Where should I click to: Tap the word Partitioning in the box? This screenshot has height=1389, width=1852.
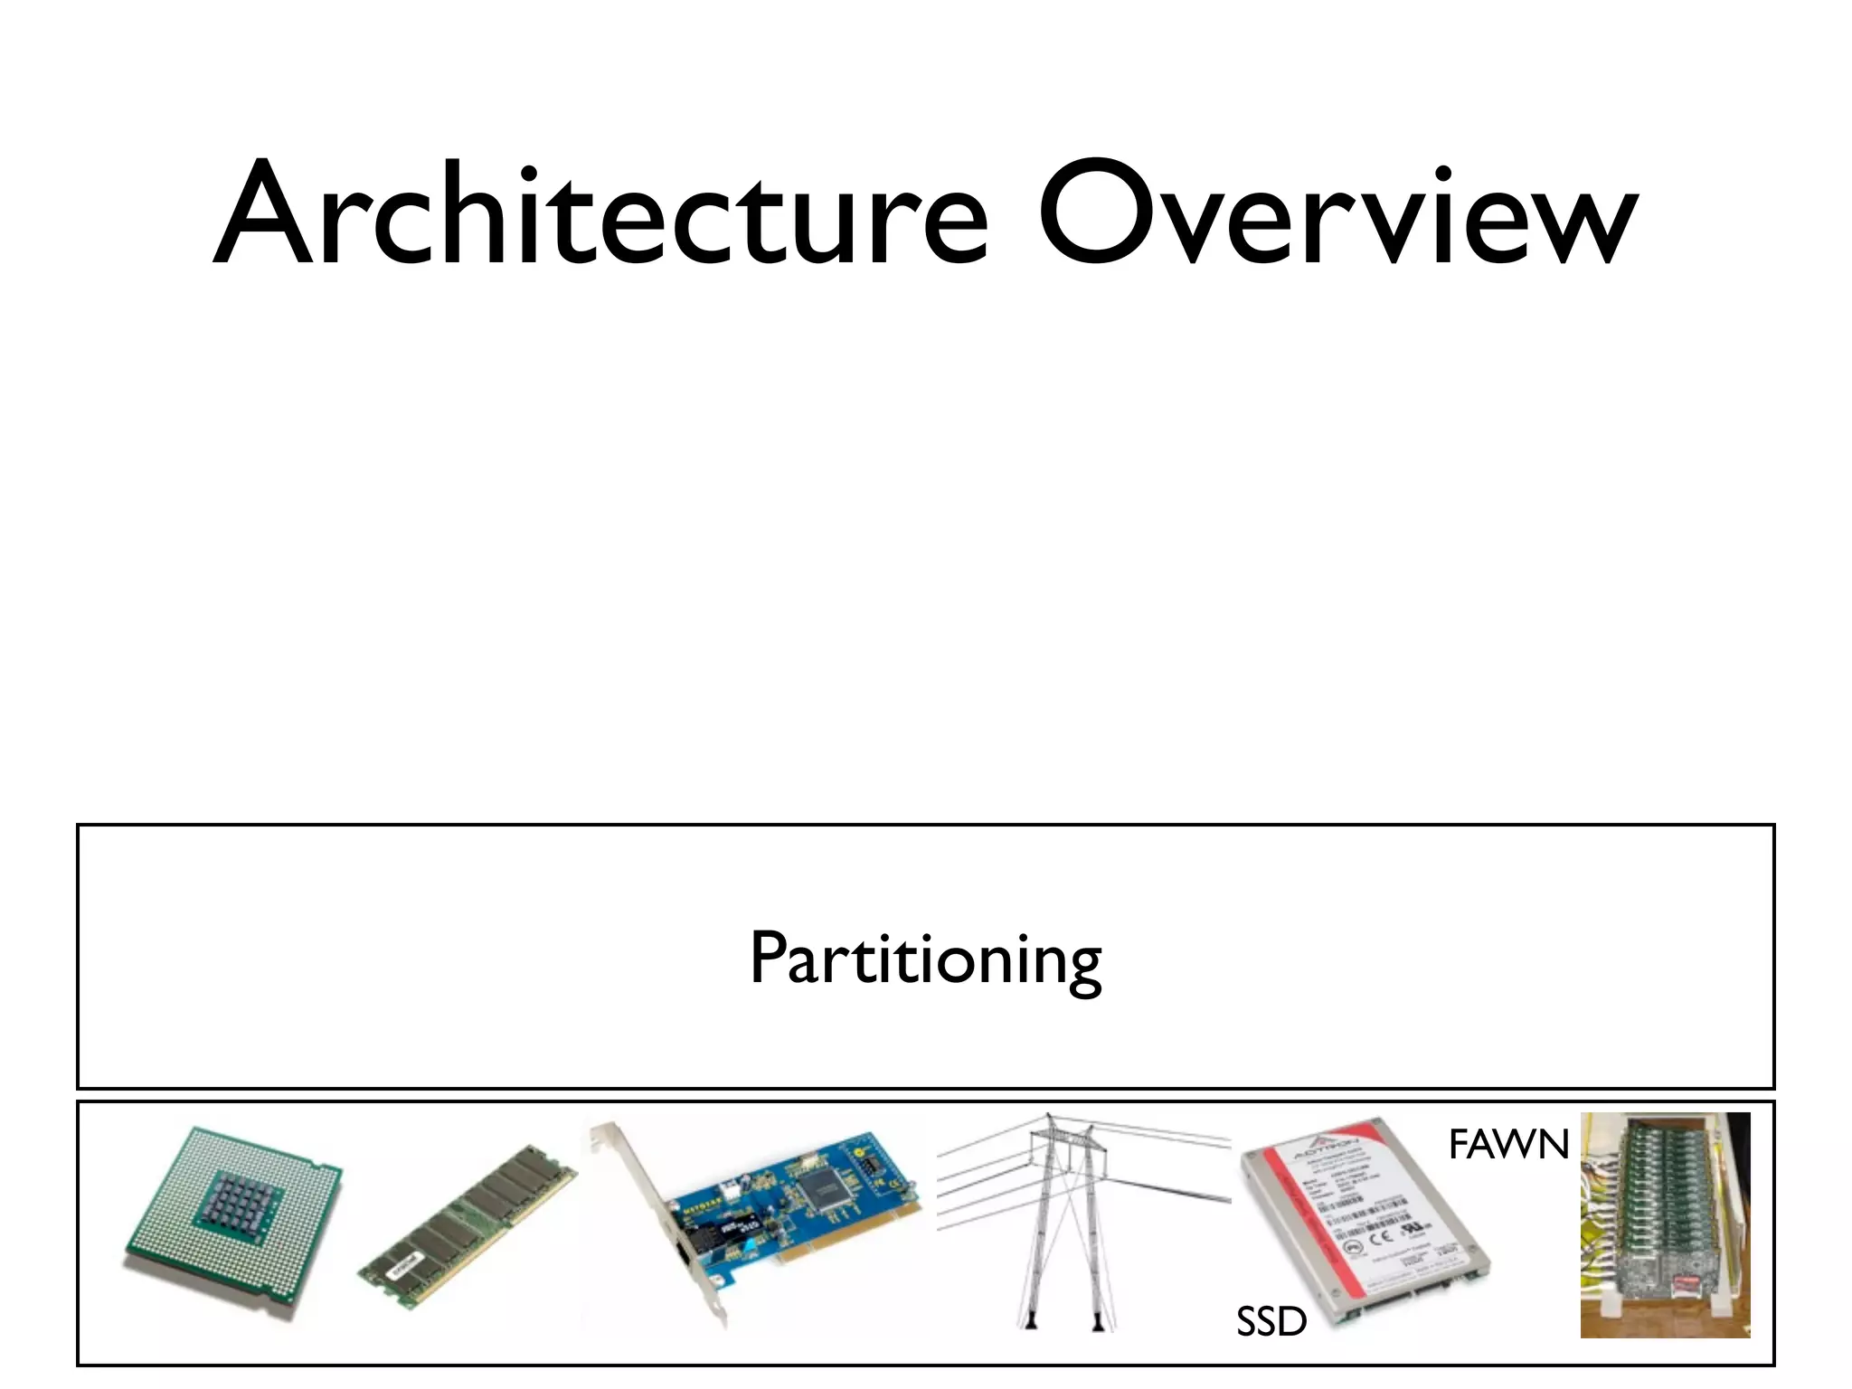(925, 959)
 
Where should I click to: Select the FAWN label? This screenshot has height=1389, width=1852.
(1507, 1145)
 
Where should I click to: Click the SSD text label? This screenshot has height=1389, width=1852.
(1271, 1322)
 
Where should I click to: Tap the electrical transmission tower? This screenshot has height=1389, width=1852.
(1067, 1221)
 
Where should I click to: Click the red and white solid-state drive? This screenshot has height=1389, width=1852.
(1365, 1216)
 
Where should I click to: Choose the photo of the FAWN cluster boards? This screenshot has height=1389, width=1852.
(1665, 1225)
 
